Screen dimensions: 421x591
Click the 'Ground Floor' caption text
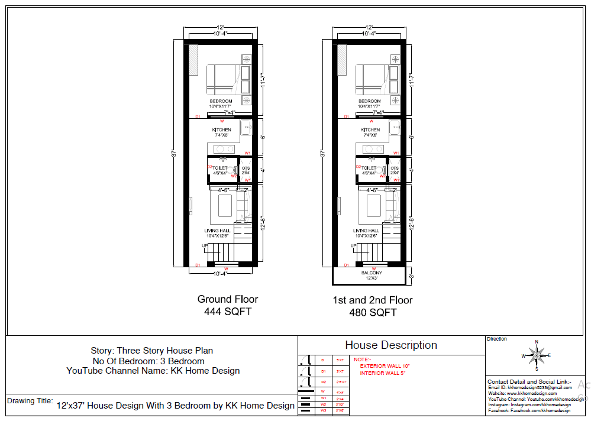227,299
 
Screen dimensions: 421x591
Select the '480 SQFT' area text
372,312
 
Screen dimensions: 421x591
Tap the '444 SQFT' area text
227,312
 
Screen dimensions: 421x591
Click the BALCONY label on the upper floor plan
372,273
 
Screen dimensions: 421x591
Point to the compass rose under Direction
537,355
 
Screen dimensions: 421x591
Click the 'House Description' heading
391,345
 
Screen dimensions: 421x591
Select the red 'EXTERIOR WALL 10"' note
385,366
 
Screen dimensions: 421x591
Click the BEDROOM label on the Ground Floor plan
221,101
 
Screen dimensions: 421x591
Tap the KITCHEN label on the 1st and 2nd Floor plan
370,130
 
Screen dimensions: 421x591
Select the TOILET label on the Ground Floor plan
220,169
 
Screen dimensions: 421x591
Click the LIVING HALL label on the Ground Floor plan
218,231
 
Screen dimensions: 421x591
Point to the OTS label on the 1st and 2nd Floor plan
395,169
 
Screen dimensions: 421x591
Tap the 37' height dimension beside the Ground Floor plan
173,152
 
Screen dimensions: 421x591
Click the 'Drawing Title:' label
30,401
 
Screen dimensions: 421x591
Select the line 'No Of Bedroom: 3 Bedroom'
148,361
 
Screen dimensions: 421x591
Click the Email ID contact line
529,387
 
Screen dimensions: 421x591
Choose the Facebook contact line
529,410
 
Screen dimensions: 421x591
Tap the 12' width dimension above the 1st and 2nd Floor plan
369,27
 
